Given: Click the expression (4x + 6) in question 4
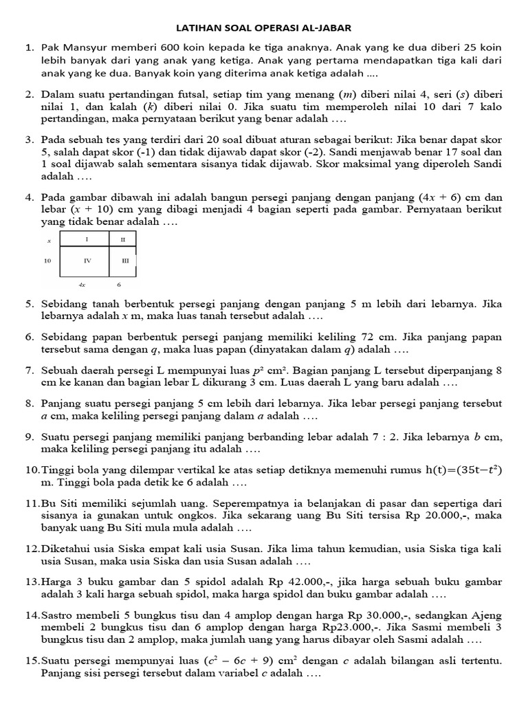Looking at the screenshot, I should [442, 197].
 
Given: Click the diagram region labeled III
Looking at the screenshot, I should [124, 262].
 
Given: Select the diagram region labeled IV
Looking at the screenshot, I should [86, 262].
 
